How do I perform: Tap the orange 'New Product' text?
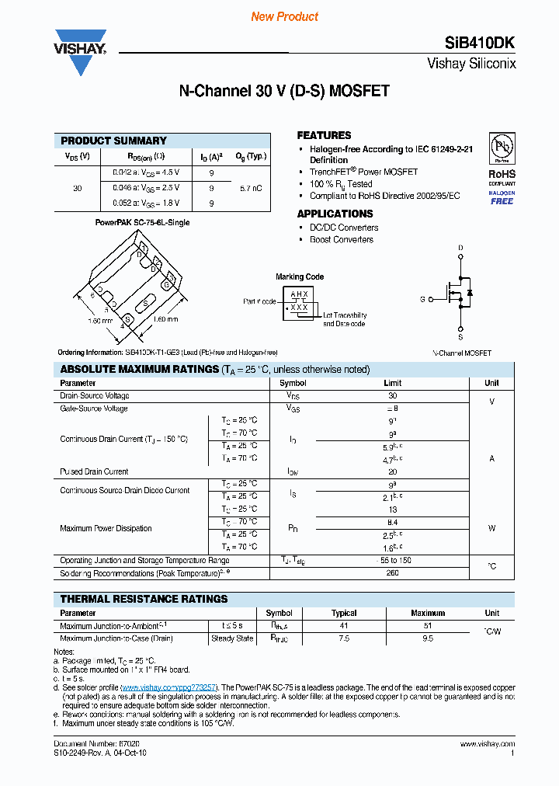284,16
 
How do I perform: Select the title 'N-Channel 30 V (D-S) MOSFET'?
284,92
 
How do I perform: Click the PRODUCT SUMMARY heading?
113,141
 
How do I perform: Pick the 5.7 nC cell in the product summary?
250,188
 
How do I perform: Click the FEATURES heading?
324,135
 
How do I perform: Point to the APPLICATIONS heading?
335,214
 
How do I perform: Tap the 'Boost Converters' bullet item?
341,239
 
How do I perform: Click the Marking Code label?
300,276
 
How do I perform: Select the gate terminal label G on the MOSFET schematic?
422,298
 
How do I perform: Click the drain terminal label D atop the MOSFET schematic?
460,249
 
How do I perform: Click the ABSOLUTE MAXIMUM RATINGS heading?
139,370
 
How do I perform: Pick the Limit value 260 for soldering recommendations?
392,573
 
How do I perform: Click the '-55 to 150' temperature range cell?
392,560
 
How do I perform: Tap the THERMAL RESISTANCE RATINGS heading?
144,599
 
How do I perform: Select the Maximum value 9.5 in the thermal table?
427,638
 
